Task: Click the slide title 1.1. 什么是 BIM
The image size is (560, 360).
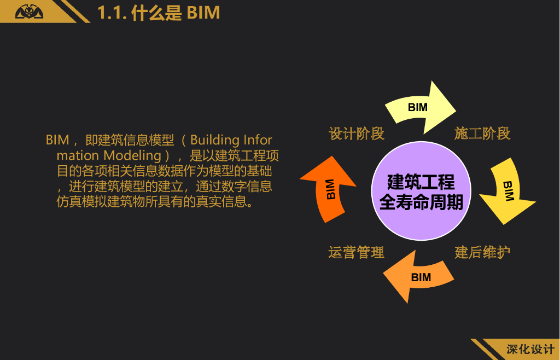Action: point(159,13)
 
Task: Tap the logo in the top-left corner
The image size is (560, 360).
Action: point(29,11)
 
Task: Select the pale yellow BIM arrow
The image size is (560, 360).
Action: point(419,107)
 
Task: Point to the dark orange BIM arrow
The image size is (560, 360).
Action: point(330,189)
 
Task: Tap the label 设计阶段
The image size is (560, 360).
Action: point(357,133)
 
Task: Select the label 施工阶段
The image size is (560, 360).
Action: point(482,133)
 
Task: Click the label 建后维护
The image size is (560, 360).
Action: point(482,252)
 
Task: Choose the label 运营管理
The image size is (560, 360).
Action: point(357,252)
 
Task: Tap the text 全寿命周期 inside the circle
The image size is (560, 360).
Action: point(421,202)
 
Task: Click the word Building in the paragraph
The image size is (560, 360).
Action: point(215,140)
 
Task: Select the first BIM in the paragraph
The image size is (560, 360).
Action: point(57,140)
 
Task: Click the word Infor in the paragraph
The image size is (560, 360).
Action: point(258,140)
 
